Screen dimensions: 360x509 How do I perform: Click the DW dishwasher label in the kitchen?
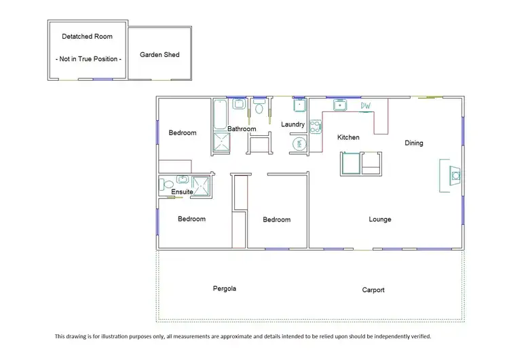click(366, 105)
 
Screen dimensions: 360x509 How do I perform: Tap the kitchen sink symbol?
click(339, 105)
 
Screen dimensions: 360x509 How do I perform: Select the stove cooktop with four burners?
click(316, 126)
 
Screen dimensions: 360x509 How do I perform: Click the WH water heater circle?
click(300, 143)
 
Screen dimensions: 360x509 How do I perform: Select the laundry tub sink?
click(300, 105)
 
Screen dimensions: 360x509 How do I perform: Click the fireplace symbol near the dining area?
click(455, 176)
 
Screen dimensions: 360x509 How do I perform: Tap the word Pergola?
click(224, 289)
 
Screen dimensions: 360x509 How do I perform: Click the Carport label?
click(373, 290)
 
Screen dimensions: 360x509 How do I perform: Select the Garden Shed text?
click(159, 54)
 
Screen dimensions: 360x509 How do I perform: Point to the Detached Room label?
click(87, 36)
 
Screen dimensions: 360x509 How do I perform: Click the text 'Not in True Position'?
click(88, 59)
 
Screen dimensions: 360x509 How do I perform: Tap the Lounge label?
click(380, 219)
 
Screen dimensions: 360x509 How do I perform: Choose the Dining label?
click(414, 143)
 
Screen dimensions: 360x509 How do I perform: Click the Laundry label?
click(293, 124)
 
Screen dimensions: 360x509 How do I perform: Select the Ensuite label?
click(182, 192)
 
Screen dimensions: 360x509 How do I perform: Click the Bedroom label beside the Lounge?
click(277, 219)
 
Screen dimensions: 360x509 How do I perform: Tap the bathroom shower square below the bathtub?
click(222, 143)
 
